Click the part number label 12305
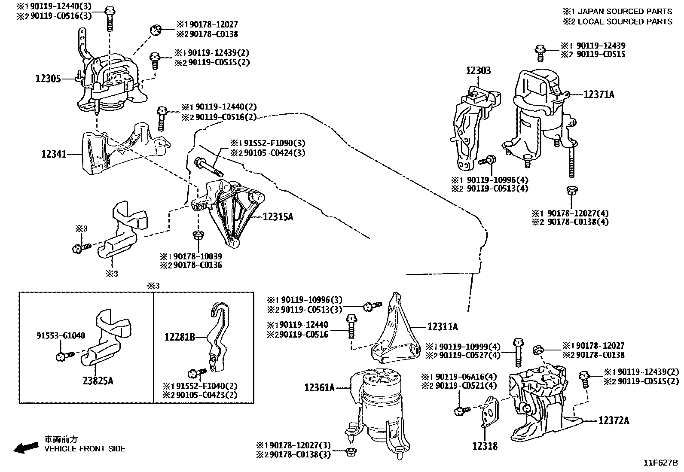(x=48, y=79)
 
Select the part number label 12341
(x=54, y=154)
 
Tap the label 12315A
(x=278, y=217)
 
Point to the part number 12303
(x=478, y=71)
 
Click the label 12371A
(x=599, y=94)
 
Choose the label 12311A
(x=443, y=327)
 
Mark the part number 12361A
(x=319, y=388)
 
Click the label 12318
(x=485, y=446)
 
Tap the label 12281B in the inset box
(x=180, y=338)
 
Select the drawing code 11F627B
(x=660, y=463)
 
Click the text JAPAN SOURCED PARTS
(x=625, y=12)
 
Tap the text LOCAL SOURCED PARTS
(x=625, y=21)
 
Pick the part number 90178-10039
(x=197, y=256)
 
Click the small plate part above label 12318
(x=489, y=411)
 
